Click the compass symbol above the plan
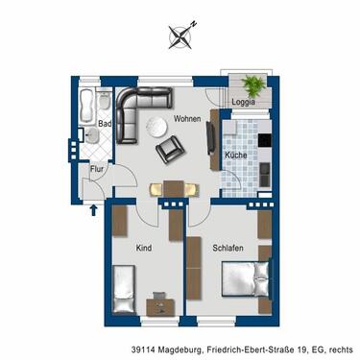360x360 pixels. coord(180,36)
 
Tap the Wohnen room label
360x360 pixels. coord(187,119)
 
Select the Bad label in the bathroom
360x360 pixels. coord(105,124)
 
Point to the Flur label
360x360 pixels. coord(97,169)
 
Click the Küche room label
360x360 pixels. coord(236,155)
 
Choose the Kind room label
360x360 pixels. coord(144,249)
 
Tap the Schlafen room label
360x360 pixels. coord(227,249)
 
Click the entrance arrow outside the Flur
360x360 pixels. coord(93,204)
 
